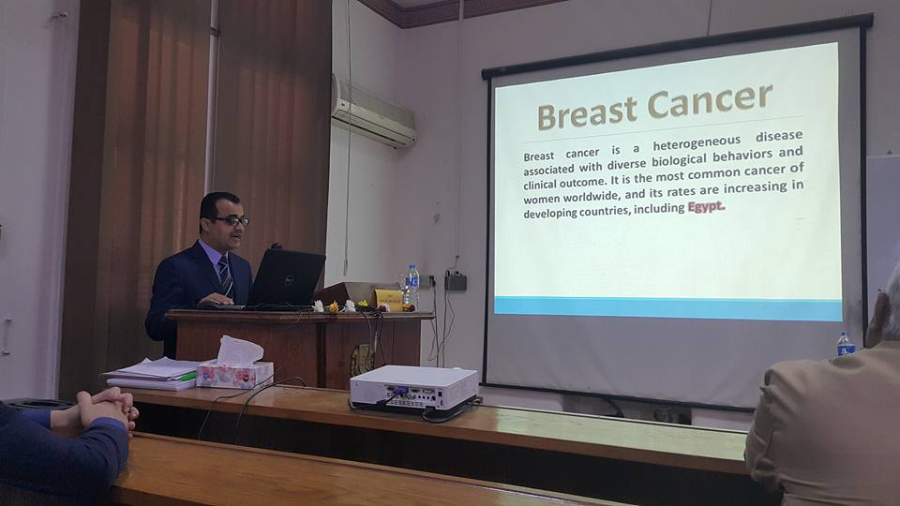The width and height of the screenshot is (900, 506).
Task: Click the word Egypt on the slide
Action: [706, 206]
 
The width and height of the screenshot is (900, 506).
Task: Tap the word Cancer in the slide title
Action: [710, 103]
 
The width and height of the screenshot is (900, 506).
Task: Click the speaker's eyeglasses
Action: [232, 221]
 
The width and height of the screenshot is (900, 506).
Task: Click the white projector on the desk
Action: [413, 387]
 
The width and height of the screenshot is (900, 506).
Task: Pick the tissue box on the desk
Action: [234, 367]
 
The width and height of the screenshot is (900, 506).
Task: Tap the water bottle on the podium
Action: [412, 287]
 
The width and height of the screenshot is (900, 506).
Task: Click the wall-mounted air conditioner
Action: [373, 112]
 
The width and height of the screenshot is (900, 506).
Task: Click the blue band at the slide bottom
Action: [667, 308]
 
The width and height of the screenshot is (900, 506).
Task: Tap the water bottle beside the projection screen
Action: [845, 344]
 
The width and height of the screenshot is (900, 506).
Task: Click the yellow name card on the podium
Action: [388, 299]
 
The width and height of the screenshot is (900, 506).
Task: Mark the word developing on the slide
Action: [550, 213]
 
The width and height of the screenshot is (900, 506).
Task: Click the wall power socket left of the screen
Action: [456, 281]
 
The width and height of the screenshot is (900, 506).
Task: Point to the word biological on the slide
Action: [681, 159]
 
